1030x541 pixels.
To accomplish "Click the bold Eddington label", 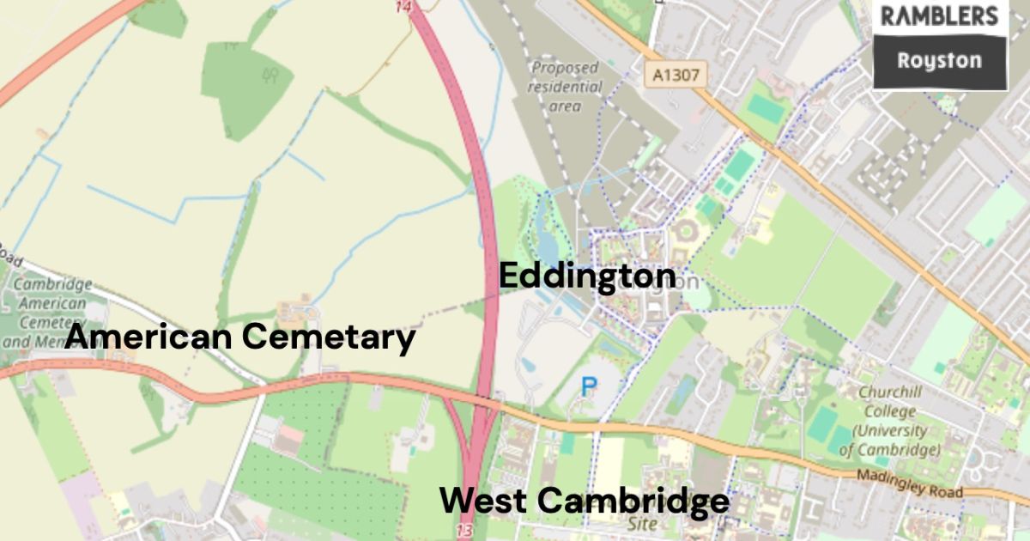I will tap(587, 276).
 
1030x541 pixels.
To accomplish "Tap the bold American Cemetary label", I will tap(240, 337).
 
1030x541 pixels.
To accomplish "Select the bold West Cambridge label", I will tap(585, 500).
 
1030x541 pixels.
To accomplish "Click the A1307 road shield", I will tap(676, 76).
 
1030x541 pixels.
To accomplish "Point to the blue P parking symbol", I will tap(588, 387).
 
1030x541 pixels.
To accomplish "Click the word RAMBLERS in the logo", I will tap(940, 16).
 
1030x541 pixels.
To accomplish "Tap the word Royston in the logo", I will tap(939, 61).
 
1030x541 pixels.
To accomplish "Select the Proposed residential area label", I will tap(565, 87).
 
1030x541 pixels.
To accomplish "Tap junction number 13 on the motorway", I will tap(464, 531).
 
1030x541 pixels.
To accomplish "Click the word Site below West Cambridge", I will tap(641, 523).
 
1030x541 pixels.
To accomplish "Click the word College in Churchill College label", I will tap(889, 411).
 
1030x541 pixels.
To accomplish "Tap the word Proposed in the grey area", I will tap(565, 68).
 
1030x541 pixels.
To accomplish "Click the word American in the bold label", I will tap(151, 337).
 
